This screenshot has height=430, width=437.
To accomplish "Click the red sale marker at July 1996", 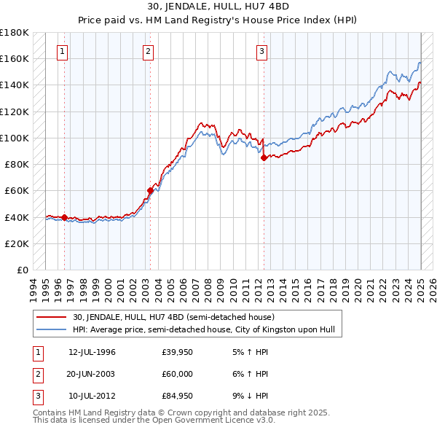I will coord(64,217).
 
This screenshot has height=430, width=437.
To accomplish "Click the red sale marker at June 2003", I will coord(150,191).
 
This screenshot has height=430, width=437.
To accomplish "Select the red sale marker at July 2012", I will coord(264,157).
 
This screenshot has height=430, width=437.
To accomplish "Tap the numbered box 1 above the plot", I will coord(63,52).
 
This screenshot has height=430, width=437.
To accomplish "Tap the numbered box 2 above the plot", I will coord(148,52).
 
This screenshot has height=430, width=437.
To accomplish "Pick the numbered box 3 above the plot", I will coord(261,52).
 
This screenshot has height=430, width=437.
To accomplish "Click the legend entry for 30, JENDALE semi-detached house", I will coord(173,317).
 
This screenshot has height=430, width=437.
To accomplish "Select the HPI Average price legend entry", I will coord(203,330).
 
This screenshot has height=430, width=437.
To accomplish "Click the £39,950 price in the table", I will coord(177,353).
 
